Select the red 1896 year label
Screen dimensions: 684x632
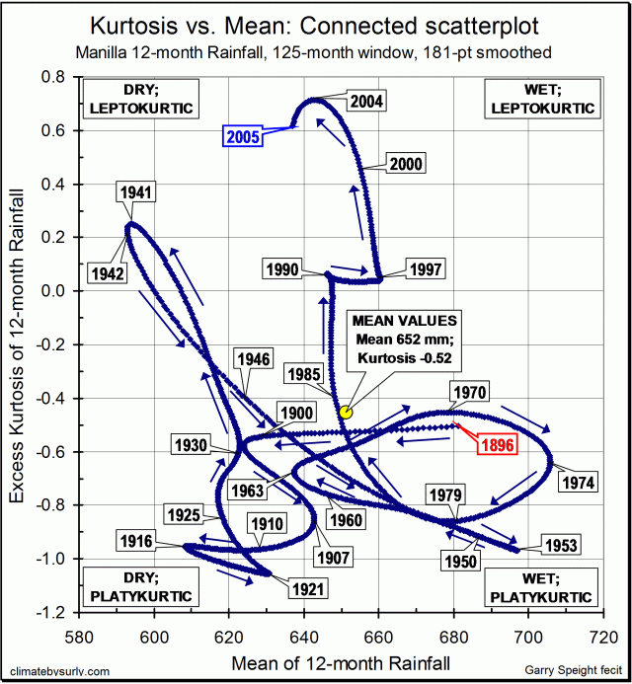[498, 445]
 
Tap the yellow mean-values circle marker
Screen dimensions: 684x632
[346, 412]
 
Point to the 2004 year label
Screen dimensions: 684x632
[366, 101]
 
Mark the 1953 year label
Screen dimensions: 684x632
[559, 544]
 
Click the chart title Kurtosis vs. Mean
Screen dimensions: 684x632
[316, 24]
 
